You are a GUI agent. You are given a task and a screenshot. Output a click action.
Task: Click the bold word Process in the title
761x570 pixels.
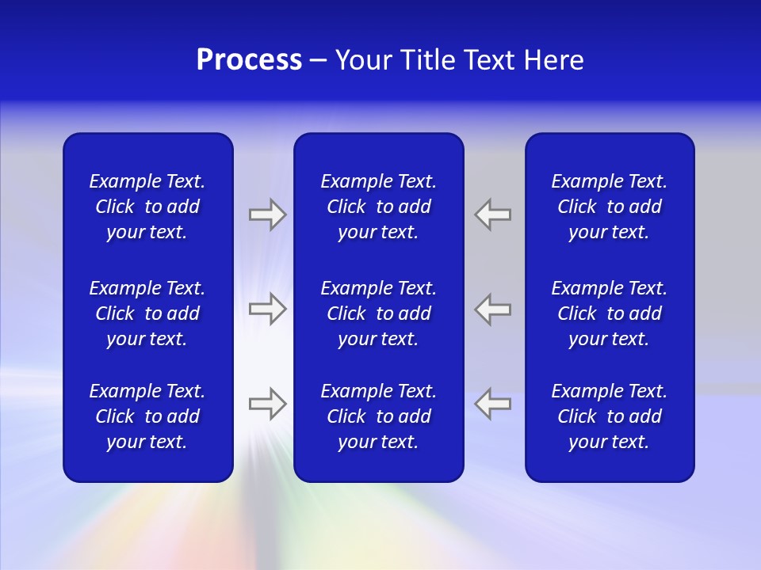(249, 60)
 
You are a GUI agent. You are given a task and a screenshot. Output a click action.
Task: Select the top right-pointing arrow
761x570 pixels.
(267, 215)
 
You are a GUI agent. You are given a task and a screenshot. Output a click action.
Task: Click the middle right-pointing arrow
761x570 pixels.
(267, 309)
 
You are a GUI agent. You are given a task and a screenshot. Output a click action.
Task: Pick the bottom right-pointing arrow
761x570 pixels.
(267, 404)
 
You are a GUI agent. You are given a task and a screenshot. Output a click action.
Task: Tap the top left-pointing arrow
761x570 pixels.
(493, 215)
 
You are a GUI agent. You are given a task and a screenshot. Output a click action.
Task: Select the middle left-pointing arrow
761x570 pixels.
(493, 309)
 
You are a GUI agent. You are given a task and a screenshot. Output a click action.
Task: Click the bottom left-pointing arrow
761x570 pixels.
(493, 404)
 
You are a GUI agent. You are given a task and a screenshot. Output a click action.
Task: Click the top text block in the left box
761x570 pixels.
(147, 207)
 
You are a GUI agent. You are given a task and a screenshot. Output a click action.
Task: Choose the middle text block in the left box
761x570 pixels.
(147, 313)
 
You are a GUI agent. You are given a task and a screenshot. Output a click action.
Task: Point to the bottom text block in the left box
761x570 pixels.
(147, 416)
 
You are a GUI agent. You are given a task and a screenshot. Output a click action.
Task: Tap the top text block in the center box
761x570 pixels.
(379, 207)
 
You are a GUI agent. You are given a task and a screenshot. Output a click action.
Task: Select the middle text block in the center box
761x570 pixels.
(379, 313)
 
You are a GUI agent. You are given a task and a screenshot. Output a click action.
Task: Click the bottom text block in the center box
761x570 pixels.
(379, 416)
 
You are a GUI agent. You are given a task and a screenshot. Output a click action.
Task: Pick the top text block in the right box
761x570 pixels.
(610, 207)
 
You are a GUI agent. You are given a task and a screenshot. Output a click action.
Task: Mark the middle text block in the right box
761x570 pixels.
(610, 313)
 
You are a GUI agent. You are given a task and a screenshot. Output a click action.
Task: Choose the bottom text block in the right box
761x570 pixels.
(610, 416)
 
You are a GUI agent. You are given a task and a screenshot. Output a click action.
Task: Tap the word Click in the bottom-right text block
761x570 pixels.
(577, 416)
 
